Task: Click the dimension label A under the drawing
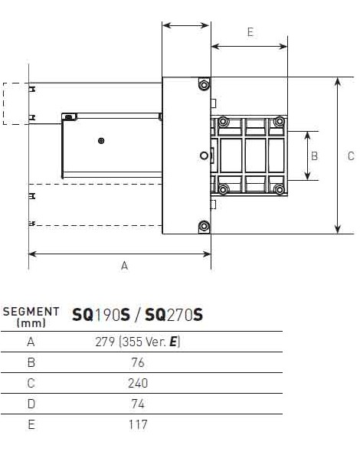(124, 266)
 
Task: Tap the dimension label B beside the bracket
(314, 155)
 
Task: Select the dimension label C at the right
(351, 155)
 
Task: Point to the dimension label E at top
(250, 33)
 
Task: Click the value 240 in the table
(138, 383)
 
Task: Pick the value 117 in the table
(138, 424)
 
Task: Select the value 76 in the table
(138, 362)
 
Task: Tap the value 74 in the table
(138, 404)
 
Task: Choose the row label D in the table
(31, 404)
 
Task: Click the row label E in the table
(31, 424)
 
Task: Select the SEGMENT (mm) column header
(31, 317)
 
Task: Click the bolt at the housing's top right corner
(203, 83)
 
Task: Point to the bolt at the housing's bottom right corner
(203, 225)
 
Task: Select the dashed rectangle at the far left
(15, 103)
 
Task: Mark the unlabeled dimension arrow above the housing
(186, 26)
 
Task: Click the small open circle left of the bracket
(203, 155)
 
